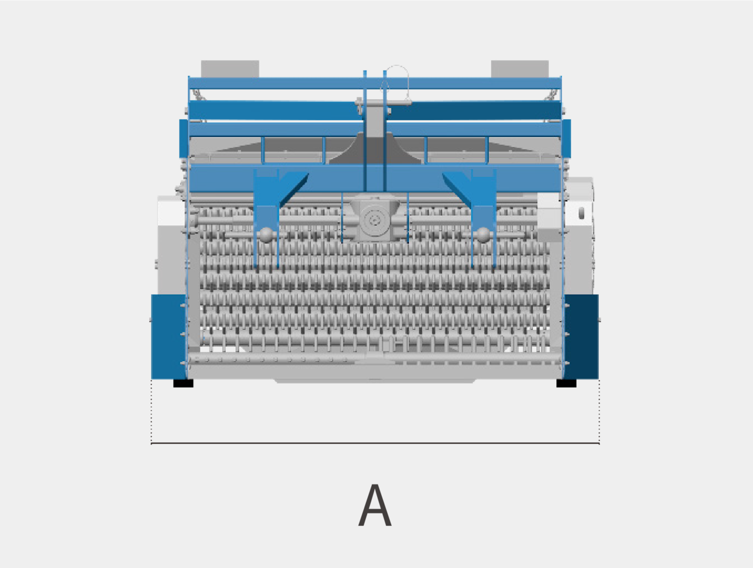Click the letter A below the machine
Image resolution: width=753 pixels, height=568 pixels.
(375, 505)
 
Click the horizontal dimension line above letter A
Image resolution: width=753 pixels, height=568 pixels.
(375, 443)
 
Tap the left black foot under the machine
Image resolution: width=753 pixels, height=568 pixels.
(183, 383)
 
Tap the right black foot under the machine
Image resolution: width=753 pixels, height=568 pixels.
(567, 383)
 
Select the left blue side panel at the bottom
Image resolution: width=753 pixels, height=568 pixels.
(168, 336)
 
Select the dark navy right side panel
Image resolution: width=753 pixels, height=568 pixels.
(581, 336)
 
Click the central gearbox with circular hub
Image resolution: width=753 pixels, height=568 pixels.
(375, 218)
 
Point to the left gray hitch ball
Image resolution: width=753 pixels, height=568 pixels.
(266, 235)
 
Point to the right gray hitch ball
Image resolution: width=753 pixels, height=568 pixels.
(483, 235)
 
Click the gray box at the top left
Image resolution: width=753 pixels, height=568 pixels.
(230, 69)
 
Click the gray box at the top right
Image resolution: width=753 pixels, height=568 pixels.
(519, 69)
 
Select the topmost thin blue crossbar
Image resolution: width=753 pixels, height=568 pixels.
(375, 83)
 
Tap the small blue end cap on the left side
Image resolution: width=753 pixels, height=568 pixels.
(184, 139)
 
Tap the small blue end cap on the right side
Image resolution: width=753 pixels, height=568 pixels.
(567, 139)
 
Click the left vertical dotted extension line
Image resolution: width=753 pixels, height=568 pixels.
(151, 412)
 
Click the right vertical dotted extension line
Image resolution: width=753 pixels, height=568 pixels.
(599, 412)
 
